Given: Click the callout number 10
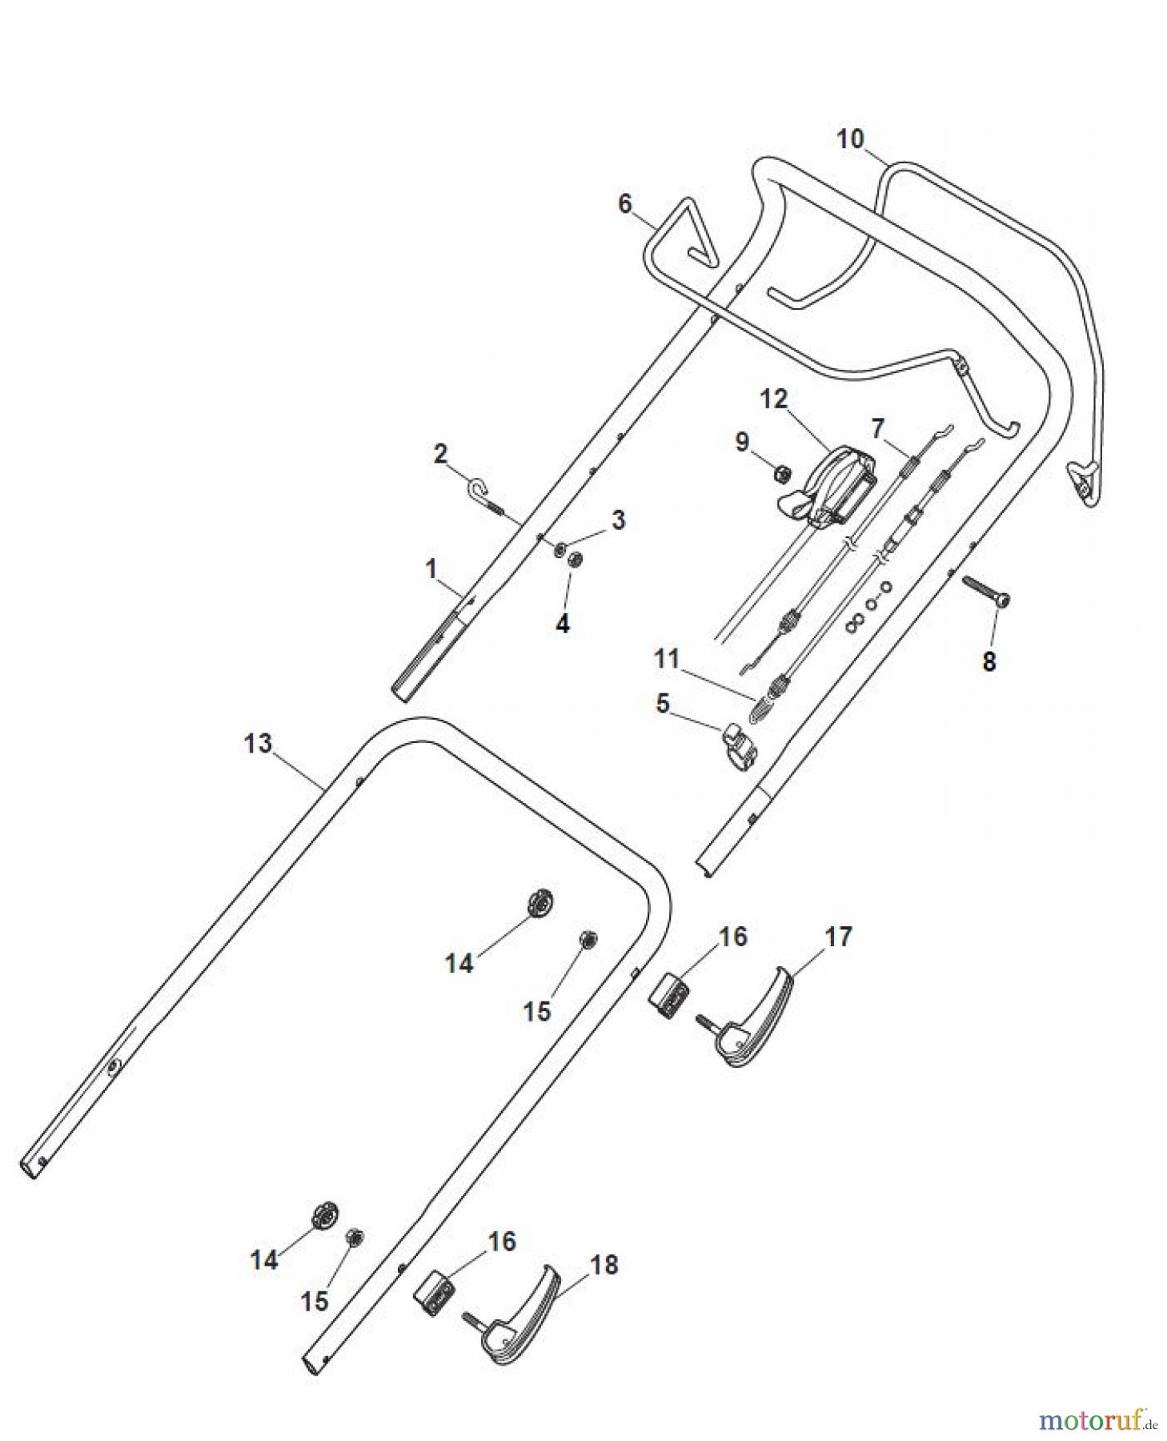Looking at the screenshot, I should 850,139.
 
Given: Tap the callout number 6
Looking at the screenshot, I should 625,204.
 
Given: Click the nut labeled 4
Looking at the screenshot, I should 574,560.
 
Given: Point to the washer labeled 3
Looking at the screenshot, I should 561,548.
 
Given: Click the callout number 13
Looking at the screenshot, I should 258,744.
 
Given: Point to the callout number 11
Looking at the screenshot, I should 667,660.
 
